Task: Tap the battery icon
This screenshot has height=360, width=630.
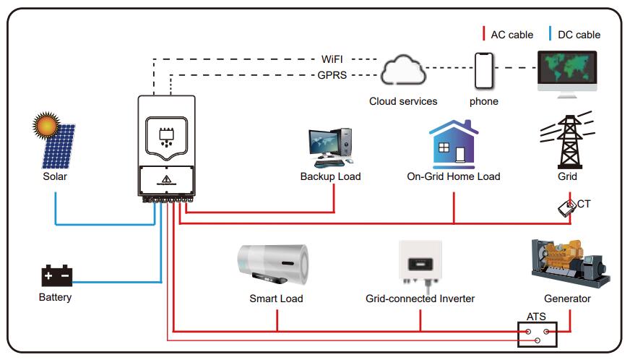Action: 56,275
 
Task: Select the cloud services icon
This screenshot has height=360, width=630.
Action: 402,71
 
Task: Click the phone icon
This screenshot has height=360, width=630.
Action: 484,71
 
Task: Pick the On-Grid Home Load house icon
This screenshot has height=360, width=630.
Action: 453,144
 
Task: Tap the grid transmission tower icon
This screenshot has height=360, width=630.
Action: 567,140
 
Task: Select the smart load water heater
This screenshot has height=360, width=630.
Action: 275,265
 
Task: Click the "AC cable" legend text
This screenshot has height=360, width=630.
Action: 512,35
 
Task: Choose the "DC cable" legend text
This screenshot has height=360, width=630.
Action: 579,35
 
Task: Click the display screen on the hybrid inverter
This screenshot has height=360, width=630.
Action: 165,134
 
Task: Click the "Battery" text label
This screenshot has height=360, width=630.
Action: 55,297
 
